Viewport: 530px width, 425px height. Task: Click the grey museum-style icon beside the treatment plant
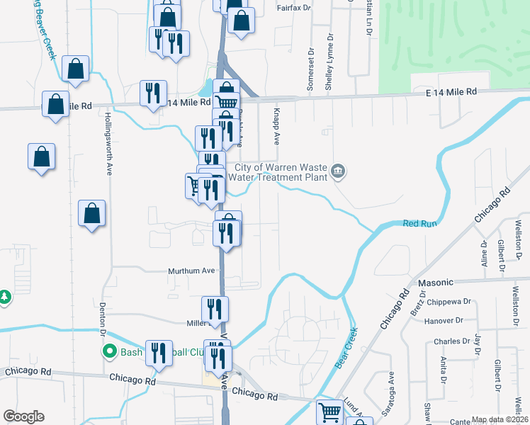click(x=339, y=170)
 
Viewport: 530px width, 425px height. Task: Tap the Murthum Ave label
click(x=191, y=271)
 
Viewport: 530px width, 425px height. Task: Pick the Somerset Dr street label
click(x=310, y=70)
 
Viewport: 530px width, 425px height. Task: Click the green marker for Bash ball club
click(x=110, y=351)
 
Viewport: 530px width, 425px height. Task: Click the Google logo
click(x=23, y=416)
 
